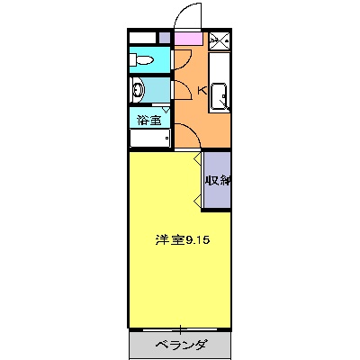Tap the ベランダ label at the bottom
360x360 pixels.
[181, 345]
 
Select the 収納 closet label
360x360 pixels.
[217, 180]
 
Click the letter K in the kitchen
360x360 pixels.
[202, 90]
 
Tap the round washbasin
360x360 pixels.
[139, 89]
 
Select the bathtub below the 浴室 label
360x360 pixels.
[150, 139]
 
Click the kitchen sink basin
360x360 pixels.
[220, 94]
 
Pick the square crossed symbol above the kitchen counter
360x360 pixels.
[220, 40]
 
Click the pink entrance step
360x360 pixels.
[189, 39]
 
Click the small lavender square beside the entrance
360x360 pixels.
[164, 38]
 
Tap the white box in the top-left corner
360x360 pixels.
[142, 38]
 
